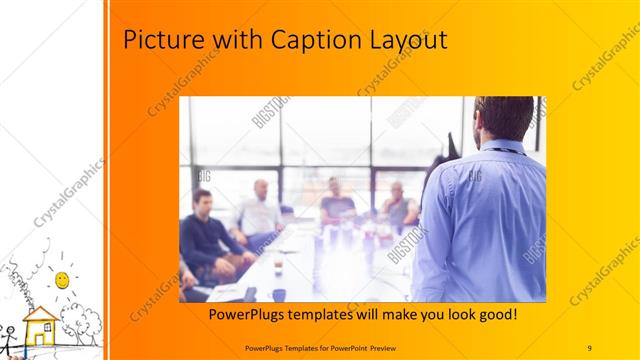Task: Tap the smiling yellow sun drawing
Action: point(62,277)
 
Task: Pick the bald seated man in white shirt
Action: point(257,211)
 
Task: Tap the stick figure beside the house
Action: point(8,335)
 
